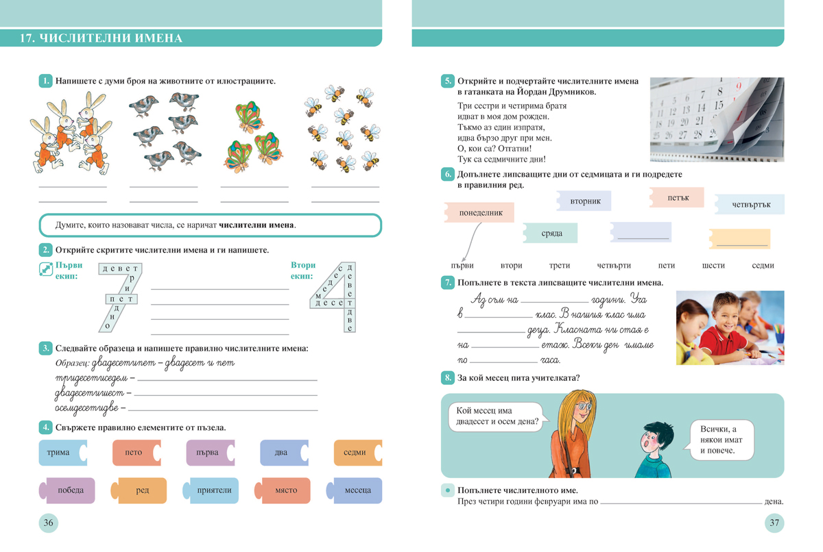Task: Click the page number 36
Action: [x=48, y=523]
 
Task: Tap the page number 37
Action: [x=774, y=523]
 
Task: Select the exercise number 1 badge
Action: [x=45, y=81]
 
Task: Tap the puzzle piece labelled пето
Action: [x=134, y=453]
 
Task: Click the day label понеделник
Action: [x=477, y=213]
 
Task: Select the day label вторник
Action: [x=584, y=201]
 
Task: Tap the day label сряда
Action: [x=551, y=234]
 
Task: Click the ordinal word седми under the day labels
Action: [x=763, y=265]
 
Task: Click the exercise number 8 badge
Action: [x=447, y=378]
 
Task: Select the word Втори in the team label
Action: [x=303, y=265]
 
